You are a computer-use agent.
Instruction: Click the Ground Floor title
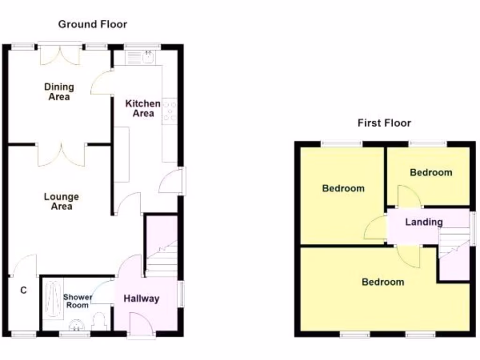pos(92,24)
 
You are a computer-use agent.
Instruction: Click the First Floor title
pos(384,123)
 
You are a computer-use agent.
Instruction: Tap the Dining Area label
pos(59,92)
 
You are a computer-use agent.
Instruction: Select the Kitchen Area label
pos(142,108)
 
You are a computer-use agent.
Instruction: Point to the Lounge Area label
pos(61,202)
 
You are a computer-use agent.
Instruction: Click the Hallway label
pos(141,299)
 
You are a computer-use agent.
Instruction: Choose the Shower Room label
pos(77,301)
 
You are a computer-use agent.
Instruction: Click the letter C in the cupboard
pos(23,291)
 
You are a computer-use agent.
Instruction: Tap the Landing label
pos(424,222)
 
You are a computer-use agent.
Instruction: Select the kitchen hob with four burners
pos(169,112)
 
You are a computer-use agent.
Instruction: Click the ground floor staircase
pos(162,258)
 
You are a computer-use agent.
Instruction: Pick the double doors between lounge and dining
pos(61,155)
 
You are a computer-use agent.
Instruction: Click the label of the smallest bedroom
pos(431,172)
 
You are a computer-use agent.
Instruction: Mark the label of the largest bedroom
pos(382,282)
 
